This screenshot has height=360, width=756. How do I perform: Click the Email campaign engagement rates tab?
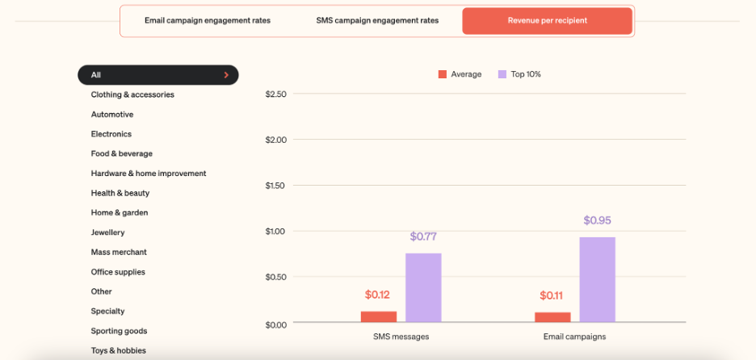(208, 20)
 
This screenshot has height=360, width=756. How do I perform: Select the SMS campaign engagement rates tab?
(377, 20)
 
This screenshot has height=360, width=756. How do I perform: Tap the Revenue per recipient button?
(547, 20)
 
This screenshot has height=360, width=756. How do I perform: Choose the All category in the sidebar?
(157, 75)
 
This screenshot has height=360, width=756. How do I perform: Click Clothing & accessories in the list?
(132, 94)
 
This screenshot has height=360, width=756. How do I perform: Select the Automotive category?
(112, 115)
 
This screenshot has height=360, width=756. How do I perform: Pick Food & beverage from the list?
(122, 153)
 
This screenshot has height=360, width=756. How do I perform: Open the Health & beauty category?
(120, 193)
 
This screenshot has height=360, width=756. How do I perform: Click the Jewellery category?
(108, 232)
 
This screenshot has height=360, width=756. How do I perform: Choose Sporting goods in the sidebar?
(120, 331)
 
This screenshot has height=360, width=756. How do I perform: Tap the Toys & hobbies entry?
(119, 350)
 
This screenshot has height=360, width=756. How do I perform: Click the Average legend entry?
(460, 74)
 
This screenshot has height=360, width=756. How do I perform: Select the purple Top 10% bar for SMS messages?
(423, 288)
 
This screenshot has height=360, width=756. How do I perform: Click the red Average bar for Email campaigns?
(552, 317)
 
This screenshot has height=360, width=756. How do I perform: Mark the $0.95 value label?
(597, 220)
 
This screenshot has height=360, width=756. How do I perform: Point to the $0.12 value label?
(378, 295)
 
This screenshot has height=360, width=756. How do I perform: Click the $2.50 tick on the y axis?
(275, 94)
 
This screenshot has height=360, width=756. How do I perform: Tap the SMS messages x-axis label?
(401, 337)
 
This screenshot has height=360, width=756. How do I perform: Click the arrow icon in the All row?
(226, 75)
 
